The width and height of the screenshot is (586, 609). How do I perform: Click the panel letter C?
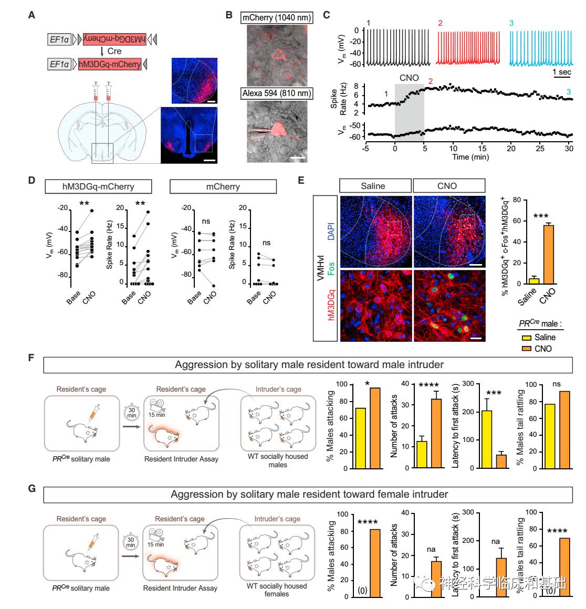pyautogui.click(x=327, y=15)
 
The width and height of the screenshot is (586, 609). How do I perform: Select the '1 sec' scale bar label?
pyautogui.click(x=562, y=72)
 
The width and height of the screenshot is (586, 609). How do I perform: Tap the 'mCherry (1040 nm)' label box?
pyautogui.click(x=276, y=18)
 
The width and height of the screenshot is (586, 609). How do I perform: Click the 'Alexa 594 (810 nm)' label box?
pyautogui.click(x=276, y=93)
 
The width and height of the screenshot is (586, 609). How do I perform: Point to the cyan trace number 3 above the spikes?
pyautogui.click(x=511, y=24)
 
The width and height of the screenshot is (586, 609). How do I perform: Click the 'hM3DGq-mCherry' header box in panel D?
pyautogui.click(x=99, y=186)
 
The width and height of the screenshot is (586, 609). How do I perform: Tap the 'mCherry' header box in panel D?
pyautogui.click(x=223, y=186)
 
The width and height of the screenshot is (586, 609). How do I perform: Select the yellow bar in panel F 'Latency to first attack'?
pyautogui.click(x=486, y=439)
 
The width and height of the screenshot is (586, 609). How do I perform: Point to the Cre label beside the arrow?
pyautogui.click(x=114, y=51)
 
